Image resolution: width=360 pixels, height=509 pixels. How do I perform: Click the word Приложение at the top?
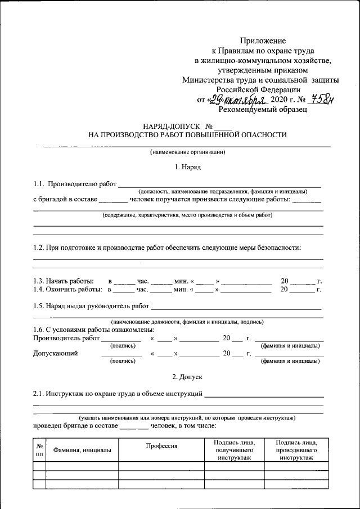tap(263, 41)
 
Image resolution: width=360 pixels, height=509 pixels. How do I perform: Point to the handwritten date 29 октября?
tap(238, 100)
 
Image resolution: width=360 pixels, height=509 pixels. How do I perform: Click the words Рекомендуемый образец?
tap(263, 110)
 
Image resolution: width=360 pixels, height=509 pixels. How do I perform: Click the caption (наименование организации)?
tap(187, 152)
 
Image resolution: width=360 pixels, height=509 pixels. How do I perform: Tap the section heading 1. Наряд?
tap(187, 167)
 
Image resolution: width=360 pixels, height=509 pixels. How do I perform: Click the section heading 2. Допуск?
tap(187, 376)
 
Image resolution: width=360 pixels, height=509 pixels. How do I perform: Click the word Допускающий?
tap(56, 354)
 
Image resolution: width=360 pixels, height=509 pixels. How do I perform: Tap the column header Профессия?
tap(162, 445)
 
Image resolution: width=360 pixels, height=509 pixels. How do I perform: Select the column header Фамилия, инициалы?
tap(82, 450)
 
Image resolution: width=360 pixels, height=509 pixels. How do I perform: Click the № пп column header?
tap(39, 450)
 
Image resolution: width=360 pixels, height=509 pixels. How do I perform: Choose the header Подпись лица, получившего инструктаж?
tap(231, 451)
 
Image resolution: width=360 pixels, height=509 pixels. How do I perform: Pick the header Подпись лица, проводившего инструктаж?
tap(295, 451)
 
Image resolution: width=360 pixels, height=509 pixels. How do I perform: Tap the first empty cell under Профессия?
tap(162, 466)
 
